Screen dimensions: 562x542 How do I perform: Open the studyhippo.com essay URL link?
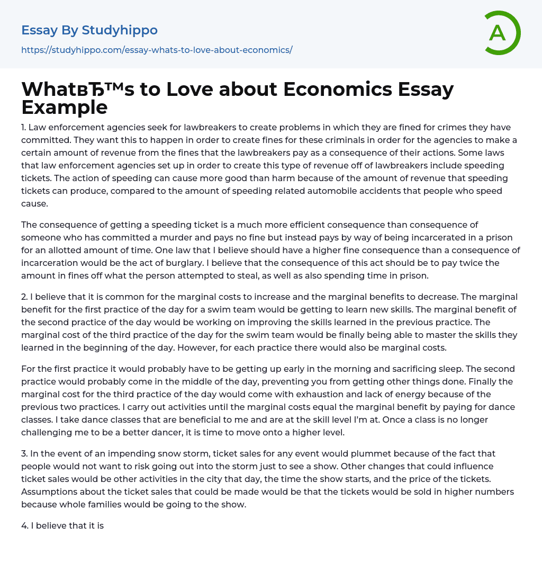tap(157, 50)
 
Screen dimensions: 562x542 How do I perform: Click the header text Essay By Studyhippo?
tap(89, 30)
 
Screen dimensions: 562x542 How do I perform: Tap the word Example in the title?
tap(65, 107)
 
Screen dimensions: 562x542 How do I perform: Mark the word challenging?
tap(45, 432)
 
